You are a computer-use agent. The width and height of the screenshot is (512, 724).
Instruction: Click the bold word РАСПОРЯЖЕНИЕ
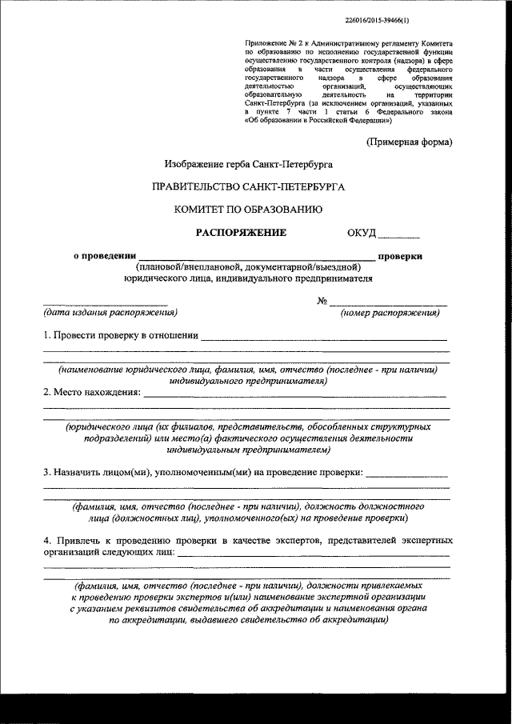[x=241, y=233]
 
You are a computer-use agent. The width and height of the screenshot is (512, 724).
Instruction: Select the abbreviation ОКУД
[x=361, y=234]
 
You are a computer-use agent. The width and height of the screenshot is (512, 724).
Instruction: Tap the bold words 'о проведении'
[x=99, y=256]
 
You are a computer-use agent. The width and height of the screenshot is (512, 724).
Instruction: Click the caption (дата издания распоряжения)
[x=110, y=312]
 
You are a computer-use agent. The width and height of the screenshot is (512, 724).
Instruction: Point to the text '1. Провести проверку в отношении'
[x=120, y=335]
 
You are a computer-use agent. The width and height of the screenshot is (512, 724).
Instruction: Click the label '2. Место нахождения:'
[x=91, y=393]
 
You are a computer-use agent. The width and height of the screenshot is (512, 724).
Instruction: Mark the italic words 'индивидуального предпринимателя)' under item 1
[x=248, y=382]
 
